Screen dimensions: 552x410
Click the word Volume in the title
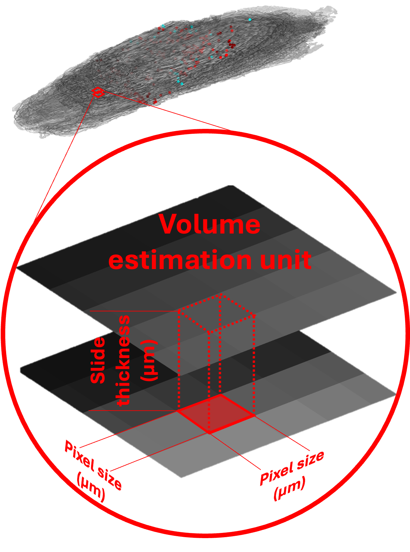tap(209, 224)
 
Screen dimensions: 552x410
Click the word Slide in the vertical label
tap(98, 360)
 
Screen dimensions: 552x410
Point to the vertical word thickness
tap(123, 360)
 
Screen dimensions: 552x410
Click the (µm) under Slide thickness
tap(149, 360)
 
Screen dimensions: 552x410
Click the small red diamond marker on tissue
tap(98, 92)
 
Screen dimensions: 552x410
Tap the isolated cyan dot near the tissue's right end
tap(249, 20)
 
